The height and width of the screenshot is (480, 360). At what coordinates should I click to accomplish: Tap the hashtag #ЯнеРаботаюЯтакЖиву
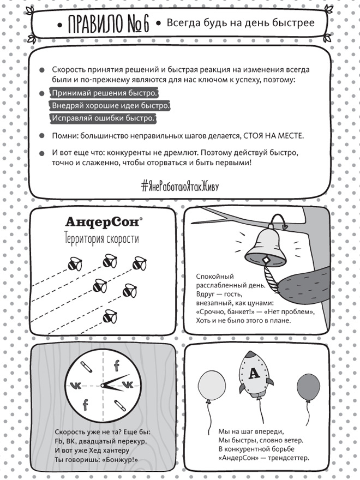179,185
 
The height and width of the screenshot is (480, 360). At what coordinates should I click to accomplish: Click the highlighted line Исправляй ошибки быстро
103,118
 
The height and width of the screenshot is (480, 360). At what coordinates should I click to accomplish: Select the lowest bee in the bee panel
110,316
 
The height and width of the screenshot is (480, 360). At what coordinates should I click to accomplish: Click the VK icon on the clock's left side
77,385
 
